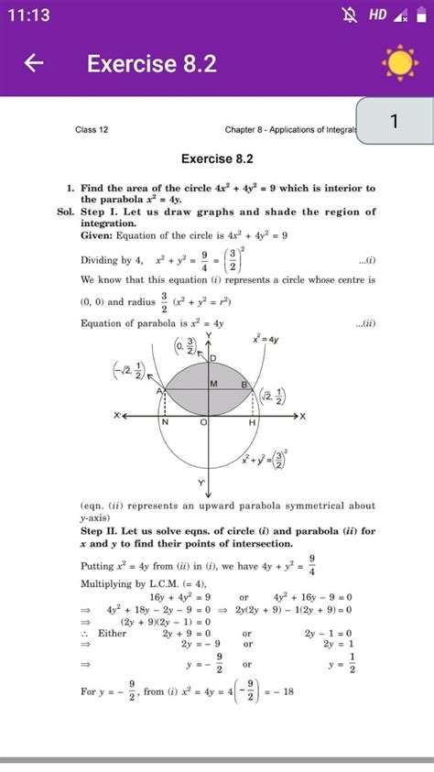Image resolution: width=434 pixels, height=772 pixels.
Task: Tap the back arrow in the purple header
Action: pos(34,63)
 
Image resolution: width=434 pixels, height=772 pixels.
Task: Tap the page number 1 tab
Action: pos(394,122)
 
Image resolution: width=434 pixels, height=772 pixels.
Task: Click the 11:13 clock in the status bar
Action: pos(31,15)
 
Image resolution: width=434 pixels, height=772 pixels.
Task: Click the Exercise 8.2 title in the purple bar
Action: pos(152,63)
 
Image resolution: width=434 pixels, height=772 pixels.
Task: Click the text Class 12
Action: pos(92,130)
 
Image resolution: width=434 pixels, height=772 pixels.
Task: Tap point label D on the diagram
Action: pos(213,358)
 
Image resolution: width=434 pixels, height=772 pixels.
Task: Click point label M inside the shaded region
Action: pos(213,384)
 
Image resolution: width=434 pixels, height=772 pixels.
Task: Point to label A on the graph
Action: pos(158,391)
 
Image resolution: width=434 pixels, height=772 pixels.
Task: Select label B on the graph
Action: pos(245,386)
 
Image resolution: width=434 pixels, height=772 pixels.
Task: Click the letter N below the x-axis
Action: pos(165,423)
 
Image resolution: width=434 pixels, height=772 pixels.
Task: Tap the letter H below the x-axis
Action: pos(251,423)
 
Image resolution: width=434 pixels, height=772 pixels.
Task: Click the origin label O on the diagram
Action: pos(203,423)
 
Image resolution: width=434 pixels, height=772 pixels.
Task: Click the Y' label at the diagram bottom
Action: pos(201,482)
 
